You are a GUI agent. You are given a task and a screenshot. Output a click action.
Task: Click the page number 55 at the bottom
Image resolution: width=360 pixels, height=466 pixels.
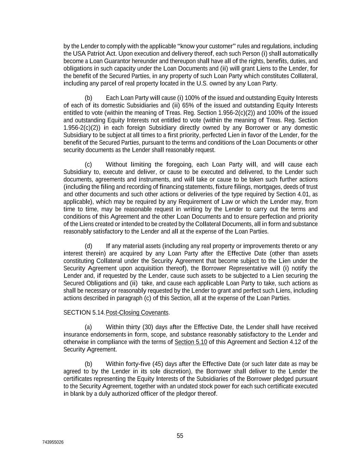pos(180,436)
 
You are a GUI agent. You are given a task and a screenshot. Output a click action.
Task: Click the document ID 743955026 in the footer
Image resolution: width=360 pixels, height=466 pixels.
pos(53,442)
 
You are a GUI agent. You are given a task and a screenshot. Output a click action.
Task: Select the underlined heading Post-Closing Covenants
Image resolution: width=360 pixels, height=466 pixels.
pos(137,312)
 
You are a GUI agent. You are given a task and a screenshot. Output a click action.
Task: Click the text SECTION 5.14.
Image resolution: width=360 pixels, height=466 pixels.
pos(84,312)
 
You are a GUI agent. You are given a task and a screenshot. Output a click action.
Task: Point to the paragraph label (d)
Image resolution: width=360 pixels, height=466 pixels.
pos(88,246)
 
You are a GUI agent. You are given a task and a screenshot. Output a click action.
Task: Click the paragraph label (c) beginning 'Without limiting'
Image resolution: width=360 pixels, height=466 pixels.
pos(88,165)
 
